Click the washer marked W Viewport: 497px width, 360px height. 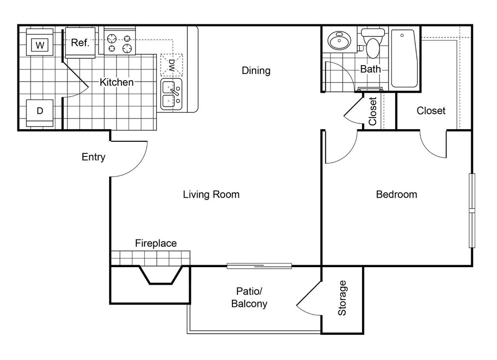[x=40, y=42]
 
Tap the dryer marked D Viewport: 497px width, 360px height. [x=40, y=113]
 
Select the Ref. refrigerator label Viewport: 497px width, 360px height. [x=80, y=42]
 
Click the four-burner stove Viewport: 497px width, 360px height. [x=120, y=41]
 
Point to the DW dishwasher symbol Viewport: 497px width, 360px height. [x=172, y=65]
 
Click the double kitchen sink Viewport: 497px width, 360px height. [x=171, y=95]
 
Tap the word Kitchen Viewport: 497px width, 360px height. [x=116, y=82]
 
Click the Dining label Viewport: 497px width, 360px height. [x=256, y=70]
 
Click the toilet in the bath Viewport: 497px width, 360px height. [x=373, y=43]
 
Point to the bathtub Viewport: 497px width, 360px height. [x=404, y=58]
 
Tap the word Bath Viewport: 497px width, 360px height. [x=370, y=69]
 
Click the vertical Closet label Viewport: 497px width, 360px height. [x=372, y=111]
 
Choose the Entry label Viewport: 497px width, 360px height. [x=93, y=157]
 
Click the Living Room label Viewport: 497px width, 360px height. [x=211, y=194]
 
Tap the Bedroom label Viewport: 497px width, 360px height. [x=397, y=194]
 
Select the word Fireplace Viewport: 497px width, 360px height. [x=156, y=243]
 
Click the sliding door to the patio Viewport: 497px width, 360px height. [x=259, y=266]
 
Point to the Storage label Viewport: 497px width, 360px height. [x=342, y=298]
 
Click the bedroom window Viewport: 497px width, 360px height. [x=472, y=210]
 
